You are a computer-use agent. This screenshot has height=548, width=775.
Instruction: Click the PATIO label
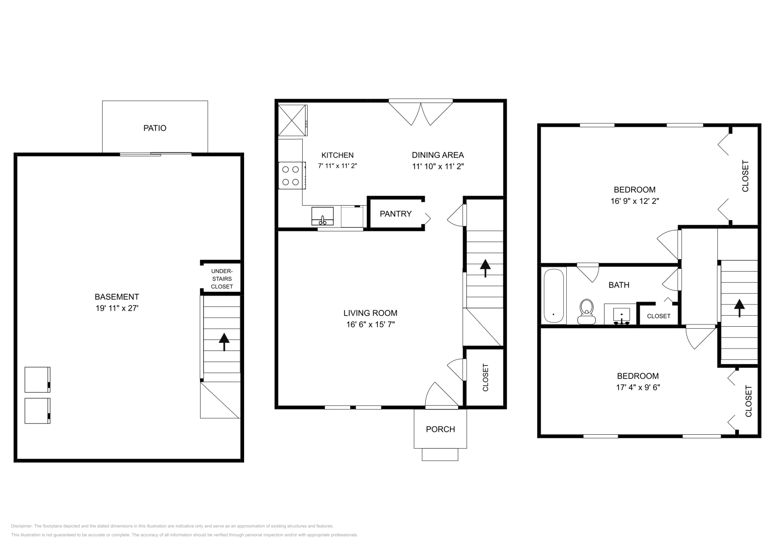155,128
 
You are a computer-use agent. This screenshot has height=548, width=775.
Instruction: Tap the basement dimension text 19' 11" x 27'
117,308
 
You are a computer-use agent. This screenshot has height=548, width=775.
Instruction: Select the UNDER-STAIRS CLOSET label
222,279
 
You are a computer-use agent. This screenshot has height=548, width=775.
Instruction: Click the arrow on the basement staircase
224,342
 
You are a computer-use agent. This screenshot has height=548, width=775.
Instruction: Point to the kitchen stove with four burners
292,175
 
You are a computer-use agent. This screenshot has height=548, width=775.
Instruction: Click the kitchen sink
323,216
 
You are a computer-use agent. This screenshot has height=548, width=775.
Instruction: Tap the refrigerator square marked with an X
293,121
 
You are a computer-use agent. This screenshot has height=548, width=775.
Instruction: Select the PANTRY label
395,213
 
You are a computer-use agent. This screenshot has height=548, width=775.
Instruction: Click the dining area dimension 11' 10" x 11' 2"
438,167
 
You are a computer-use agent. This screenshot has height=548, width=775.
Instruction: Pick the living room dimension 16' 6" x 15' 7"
370,324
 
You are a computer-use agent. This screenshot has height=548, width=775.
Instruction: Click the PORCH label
440,429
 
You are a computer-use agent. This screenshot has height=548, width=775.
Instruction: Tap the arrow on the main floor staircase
485,268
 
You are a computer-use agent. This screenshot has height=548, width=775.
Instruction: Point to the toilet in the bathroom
587,311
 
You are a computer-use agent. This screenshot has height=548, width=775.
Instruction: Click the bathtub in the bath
554,296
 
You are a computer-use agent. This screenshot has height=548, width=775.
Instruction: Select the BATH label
619,285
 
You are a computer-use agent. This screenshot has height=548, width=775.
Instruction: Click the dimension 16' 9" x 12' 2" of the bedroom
635,201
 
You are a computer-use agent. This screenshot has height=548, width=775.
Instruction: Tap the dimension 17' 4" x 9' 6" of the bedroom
637,387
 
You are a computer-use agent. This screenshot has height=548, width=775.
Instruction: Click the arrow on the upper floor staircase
739,308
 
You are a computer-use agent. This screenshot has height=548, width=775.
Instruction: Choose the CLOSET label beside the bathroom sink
658,316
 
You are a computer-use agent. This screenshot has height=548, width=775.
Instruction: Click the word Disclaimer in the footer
21,526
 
